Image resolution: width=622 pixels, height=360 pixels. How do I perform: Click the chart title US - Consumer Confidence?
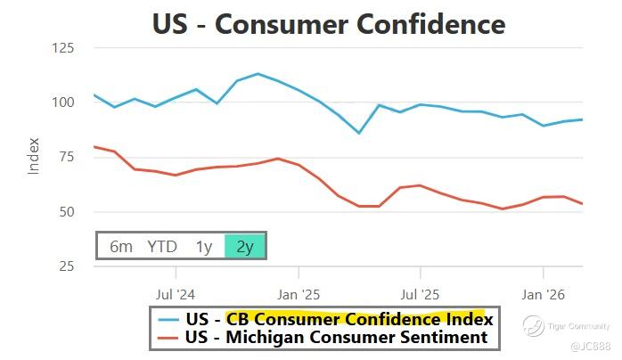pyautogui.click(x=328, y=23)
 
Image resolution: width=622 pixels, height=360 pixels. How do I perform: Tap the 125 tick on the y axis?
pyautogui.click(x=61, y=47)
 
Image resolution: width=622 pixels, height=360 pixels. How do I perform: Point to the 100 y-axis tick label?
pyautogui.click(x=61, y=102)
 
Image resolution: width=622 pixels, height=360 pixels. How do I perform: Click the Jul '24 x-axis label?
pyautogui.click(x=175, y=292)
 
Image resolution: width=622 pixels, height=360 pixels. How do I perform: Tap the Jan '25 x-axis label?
pyautogui.click(x=298, y=292)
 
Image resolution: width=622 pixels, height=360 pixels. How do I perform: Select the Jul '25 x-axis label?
pyautogui.click(x=420, y=292)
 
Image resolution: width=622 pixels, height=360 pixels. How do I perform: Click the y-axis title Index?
pyautogui.click(x=35, y=156)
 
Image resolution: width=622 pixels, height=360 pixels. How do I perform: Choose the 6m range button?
pyautogui.click(x=121, y=246)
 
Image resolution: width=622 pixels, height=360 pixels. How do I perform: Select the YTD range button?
pyautogui.click(x=162, y=246)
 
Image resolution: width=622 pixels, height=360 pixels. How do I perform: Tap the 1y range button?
pyautogui.click(x=204, y=246)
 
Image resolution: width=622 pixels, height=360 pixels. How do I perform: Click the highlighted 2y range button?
pyautogui.click(x=244, y=246)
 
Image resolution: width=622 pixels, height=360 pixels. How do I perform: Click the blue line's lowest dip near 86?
pyautogui.click(x=359, y=133)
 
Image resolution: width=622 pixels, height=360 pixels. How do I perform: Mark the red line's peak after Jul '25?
pyautogui.click(x=420, y=185)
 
